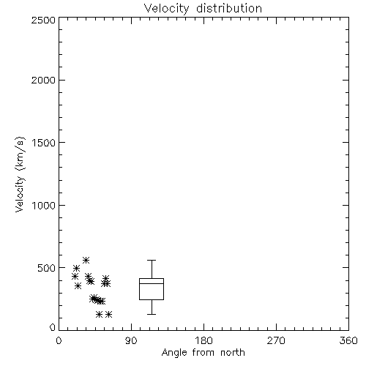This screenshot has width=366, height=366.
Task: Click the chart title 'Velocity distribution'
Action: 203,9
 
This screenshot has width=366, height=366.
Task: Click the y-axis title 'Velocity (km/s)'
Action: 20,174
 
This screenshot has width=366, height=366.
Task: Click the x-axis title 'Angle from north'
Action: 203,353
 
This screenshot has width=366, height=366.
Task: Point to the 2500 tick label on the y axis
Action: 43,20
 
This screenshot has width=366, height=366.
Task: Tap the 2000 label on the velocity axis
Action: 43,80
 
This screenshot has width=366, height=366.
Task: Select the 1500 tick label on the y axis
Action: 44,143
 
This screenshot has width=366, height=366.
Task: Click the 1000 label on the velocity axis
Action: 44,206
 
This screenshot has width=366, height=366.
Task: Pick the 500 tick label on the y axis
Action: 47,268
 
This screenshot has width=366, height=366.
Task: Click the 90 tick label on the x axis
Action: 131,340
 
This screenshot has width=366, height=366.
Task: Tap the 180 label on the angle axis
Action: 203,340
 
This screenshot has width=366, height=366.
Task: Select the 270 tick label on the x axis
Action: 276,340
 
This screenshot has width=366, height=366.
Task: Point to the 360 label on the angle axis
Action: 348,340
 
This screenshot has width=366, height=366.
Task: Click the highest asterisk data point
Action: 86,260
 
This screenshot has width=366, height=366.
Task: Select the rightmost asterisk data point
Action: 108,314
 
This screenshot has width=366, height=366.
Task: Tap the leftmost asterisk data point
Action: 75,277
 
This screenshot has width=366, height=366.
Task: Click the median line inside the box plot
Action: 152,283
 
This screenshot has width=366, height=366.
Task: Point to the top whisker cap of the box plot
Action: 152,261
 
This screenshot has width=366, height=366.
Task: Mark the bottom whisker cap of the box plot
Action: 152,314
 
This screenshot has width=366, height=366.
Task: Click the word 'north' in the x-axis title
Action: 233,353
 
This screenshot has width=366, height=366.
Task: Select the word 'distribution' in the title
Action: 229,9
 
